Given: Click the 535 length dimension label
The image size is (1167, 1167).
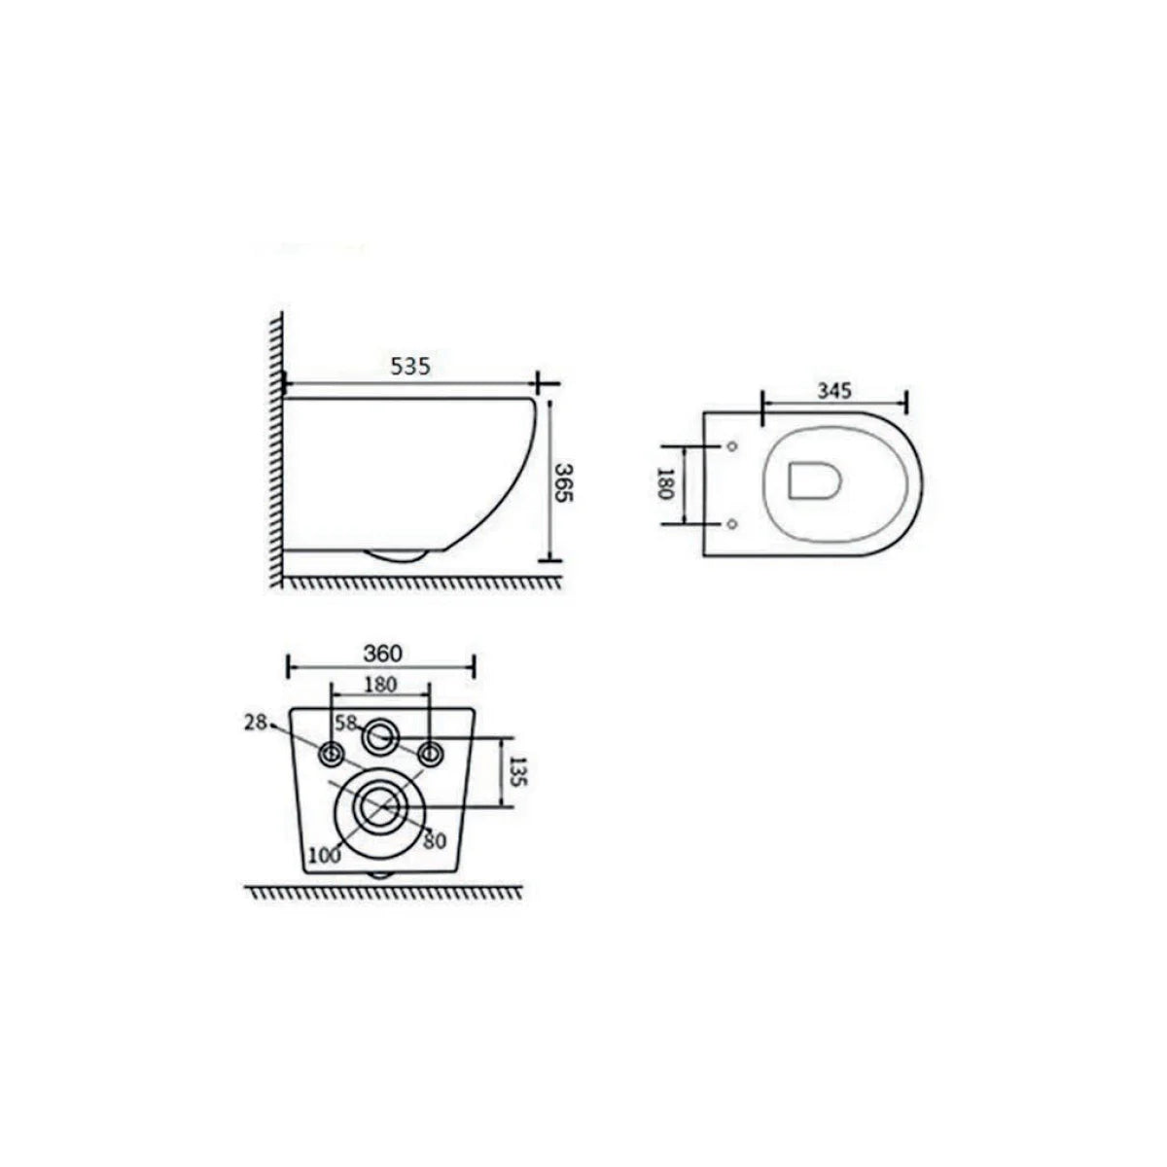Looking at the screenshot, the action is coord(410,367).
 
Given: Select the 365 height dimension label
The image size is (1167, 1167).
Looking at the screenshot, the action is coord(563,482).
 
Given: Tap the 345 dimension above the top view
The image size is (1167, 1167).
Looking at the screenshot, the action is coord(834,391).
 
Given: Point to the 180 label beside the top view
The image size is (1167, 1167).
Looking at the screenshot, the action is coord(665,482).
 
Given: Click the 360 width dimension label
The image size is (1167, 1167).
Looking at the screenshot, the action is coord(383,654).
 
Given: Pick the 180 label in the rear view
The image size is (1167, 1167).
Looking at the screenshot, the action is coord(380,685).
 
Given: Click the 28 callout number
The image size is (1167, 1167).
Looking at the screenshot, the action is coord(256,722).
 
